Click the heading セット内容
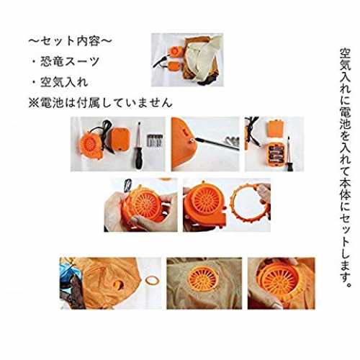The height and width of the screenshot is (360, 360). pyautogui.click(x=71, y=41)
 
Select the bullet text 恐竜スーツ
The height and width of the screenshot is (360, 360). pyautogui.click(x=70, y=62)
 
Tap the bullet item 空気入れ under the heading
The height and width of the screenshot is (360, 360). pyautogui.click(x=64, y=82)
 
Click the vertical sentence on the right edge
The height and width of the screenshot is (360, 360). pyautogui.click(x=345, y=168)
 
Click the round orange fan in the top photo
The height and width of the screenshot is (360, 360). pyautogui.click(x=175, y=52)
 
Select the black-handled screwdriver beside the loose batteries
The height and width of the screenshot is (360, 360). pyautogui.click(x=138, y=145)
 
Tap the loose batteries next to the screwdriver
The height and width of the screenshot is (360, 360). pyautogui.click(x=155, y=141)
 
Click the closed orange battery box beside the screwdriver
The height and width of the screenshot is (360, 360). pyautogui.click(x=121, y=140)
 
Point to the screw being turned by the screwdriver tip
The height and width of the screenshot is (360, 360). pyautogui.click(x=192, y=140)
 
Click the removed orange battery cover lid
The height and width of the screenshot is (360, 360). pyautogui.click(x=276, y=129)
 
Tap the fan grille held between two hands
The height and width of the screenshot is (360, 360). pyautogui.click(x=143, y=204)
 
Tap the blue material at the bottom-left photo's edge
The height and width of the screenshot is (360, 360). pyautogui.click(x=66, y=270)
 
